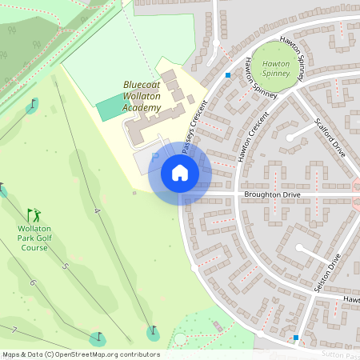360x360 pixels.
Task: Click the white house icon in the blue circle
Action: [x=180, y=174]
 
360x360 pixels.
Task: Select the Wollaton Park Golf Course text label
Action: [x=33, y=238]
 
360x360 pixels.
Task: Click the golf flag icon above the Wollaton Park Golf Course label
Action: [x=33, y=215]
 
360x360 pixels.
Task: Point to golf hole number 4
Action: [x=96, y=210]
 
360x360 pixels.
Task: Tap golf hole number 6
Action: [x=33, y=282]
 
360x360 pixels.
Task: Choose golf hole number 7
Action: [x=14, y=330]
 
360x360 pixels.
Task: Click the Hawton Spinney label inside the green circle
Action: [x=276, y=67]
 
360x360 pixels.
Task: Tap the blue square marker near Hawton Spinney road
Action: [x=228, y=76]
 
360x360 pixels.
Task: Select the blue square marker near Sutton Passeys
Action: [x=296, y=338]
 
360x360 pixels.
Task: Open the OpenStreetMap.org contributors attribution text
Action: [x=80, y=354]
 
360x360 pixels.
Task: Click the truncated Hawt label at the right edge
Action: [x=351, y=300]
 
